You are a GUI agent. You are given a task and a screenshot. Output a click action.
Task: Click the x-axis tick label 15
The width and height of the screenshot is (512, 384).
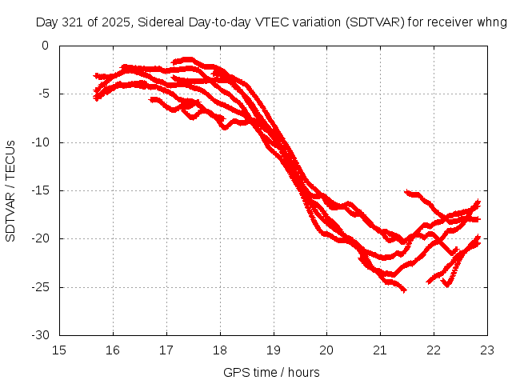click(60, 349)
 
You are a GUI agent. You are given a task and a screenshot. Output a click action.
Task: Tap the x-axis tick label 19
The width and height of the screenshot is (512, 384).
click(274, 349)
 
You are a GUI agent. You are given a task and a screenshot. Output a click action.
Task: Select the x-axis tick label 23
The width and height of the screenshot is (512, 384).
click(487, 349)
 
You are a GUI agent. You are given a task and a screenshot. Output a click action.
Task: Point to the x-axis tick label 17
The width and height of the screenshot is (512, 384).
click(166, 349)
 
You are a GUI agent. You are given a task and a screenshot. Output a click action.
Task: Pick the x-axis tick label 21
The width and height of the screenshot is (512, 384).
click(380, 349)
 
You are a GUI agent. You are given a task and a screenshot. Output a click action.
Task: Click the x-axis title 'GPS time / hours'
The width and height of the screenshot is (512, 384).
click(271, 372)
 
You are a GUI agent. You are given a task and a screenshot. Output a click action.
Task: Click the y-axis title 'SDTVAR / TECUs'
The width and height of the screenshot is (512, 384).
click(11, 190)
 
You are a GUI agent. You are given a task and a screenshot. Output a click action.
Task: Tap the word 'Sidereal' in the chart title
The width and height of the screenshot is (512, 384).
click(158, 22)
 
